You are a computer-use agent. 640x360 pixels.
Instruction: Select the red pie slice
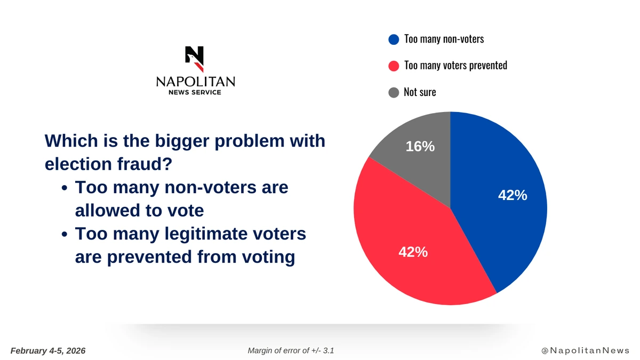click(x=405, y=235)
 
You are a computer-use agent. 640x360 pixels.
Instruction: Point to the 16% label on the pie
click(x=420, y=146)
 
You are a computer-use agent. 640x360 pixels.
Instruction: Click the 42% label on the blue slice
click(x=513, y=196)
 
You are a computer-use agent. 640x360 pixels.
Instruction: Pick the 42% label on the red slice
click(x=413, y=252)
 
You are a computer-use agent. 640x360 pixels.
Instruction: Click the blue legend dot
click(x=394, y=39)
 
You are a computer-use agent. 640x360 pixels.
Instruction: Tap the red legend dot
click(x=394, y=66)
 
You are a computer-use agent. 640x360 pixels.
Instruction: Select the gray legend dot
click(x=394, y=92)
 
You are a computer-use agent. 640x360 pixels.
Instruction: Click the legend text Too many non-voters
click(x=444, y=39)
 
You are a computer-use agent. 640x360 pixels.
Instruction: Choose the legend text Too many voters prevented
click(x=455, y=66)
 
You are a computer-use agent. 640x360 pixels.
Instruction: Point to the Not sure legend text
click(x=420, y=92)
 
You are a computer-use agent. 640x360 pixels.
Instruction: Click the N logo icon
click(x=195, y=59)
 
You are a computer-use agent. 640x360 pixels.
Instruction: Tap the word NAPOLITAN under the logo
click(x=195, y=82)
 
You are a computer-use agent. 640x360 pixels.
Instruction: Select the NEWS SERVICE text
click(x=195, y=92)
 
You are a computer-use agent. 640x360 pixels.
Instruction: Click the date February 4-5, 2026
click(x=48, y=350)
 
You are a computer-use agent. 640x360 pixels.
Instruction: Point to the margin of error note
click(x=291, y=350)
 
